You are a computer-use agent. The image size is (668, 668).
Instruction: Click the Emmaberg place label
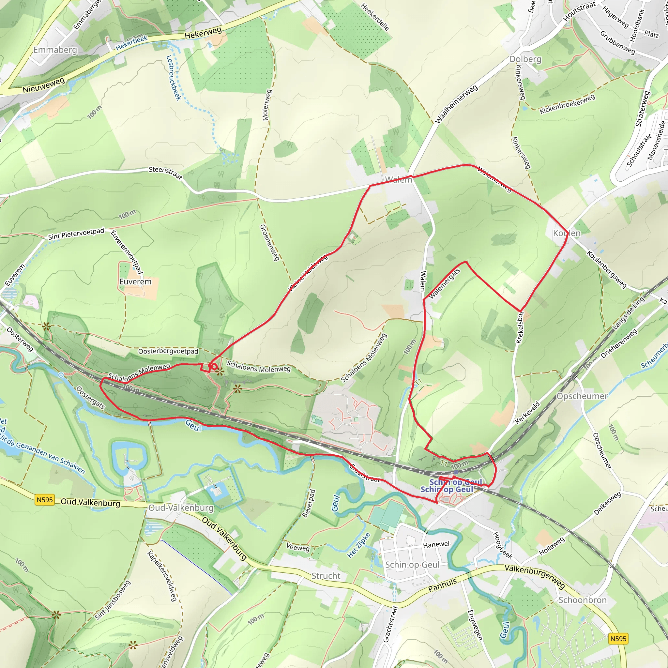[x=55, y=50]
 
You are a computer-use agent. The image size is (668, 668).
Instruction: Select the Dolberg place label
[x=525, y=59]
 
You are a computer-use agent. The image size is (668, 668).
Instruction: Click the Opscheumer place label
[x=582, y=396]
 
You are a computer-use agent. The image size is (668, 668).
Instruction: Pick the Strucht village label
[x=326, y=576]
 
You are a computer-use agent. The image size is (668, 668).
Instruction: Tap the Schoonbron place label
[x=583, y=600]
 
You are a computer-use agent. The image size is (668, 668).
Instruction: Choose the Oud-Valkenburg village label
[x=181, y=508]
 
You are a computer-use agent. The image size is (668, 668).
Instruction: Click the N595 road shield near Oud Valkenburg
[x=45, y=500]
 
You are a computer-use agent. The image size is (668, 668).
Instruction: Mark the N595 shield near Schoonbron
[x=618, y=639]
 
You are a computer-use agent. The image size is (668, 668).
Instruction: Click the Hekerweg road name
[x=203, y=33]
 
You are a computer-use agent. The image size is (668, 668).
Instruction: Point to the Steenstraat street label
[x=165, y=173]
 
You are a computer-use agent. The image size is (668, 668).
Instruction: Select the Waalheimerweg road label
[x=456, y=104]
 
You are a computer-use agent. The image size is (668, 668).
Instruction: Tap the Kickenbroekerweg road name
[x=567, y=104]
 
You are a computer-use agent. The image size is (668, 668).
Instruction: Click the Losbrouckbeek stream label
[x=174, y=78]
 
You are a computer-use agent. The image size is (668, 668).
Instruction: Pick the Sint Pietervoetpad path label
[x=76, y=234]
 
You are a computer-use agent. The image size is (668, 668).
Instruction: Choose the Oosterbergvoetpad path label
[x=168, y=351]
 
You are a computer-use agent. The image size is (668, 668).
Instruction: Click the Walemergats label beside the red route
[x=444, y=283]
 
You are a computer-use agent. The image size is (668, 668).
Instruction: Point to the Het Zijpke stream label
[x=358, y=545]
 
